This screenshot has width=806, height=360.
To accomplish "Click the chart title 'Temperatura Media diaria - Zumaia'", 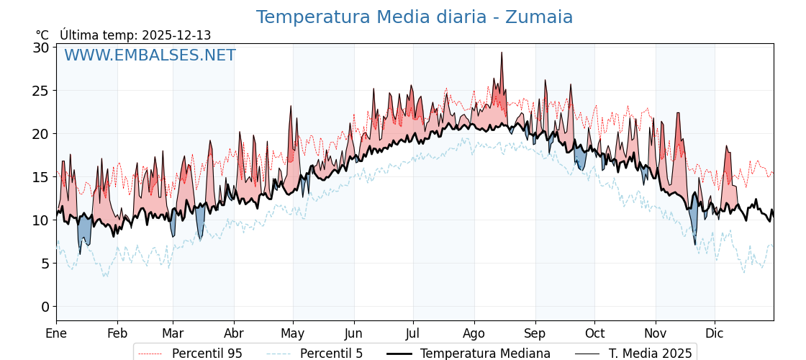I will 414,17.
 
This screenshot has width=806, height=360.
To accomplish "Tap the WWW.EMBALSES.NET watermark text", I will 150,55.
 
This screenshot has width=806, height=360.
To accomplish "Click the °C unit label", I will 42,35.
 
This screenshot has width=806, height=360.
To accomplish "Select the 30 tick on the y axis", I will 41,48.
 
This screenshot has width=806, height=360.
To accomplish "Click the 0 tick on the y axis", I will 45,307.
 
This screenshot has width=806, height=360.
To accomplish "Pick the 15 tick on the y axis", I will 41,177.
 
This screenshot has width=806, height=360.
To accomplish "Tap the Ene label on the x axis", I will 56,333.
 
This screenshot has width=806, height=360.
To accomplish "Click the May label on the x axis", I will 293,333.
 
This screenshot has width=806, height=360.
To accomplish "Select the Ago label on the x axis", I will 474,333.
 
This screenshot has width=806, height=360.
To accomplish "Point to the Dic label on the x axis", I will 715,333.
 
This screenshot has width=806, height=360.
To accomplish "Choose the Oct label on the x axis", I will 594,333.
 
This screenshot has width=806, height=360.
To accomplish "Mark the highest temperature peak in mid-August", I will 502,53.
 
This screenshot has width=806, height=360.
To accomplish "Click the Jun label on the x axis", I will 353,333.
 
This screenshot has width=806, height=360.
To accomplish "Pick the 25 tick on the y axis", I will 41,91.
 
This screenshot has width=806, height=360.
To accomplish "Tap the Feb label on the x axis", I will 117,333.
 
